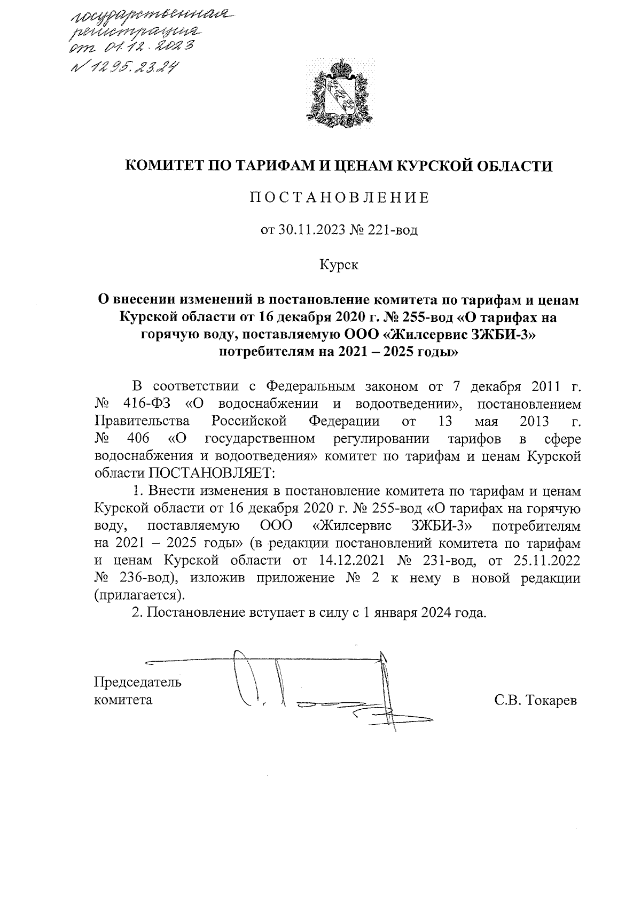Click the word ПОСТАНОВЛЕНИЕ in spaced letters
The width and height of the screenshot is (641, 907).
339,198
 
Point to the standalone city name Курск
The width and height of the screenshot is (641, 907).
339,265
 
